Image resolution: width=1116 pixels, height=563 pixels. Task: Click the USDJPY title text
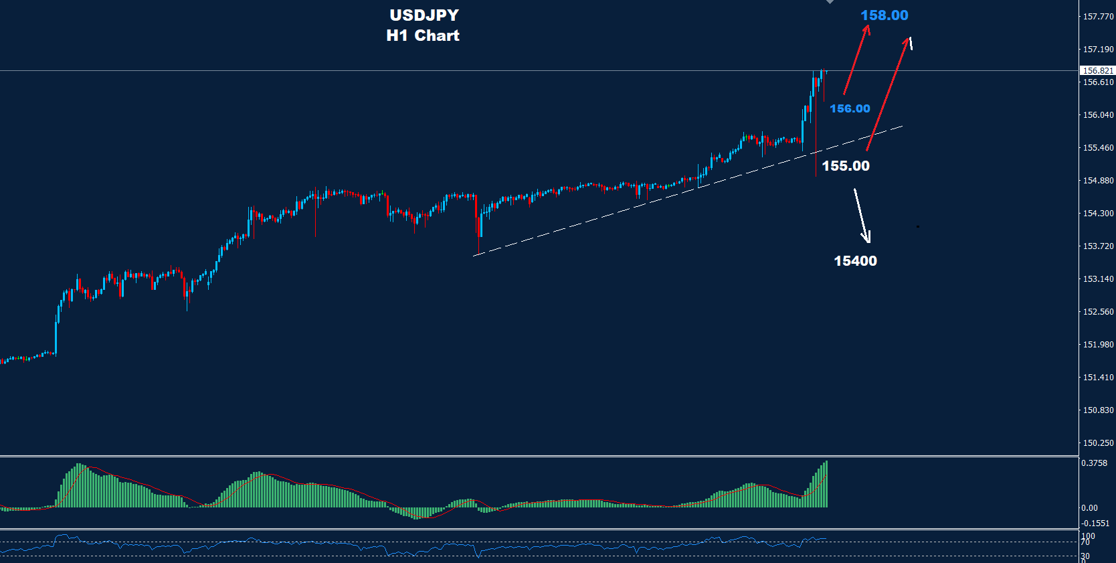point(424,15)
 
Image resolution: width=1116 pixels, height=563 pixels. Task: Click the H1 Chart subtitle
point(423,35)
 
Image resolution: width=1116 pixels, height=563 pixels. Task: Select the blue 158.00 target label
point(884,15)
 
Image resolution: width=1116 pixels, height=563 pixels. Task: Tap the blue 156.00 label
point(850,108)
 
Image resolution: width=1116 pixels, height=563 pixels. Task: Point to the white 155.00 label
point(846,166)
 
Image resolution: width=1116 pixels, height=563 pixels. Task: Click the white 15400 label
point(855,261)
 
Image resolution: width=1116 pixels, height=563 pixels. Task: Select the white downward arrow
point(862,216)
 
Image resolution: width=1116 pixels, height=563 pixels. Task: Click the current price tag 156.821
point(1098,70)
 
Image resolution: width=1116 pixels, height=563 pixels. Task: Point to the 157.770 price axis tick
point(1098,16)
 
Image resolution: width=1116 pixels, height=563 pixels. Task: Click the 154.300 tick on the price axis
point(1098,214)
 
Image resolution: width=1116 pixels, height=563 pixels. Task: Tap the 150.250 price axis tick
point(1098,443)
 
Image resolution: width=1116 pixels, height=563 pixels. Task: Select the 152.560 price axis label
point(1098,312)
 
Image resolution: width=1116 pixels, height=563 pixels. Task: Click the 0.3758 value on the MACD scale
point(1094,463)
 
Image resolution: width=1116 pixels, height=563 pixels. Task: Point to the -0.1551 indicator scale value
point(1095,524)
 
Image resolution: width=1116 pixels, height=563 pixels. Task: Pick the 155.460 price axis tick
point(1098,148)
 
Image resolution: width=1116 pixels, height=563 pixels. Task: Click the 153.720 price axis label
point(1098,246)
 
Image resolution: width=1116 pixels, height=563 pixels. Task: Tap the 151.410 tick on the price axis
point(1098,378)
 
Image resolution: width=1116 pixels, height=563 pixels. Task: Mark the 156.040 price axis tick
point(1098,115)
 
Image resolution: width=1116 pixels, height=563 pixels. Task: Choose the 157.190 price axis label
point(1098,50)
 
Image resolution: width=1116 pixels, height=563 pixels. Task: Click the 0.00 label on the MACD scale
point(1089,508)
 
